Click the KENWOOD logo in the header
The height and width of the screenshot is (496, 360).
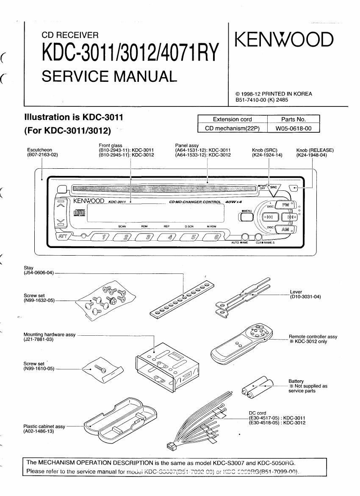point(284,40)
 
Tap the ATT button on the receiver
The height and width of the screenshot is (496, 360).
point(64,236)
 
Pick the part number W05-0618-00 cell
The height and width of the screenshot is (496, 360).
point(294,128)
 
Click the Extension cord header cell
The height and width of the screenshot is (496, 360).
point(232,119)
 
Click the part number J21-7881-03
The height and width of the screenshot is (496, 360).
point(39,340)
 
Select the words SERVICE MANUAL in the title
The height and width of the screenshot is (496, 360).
point(108,76)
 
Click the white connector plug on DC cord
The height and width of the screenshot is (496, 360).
point(171,446)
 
